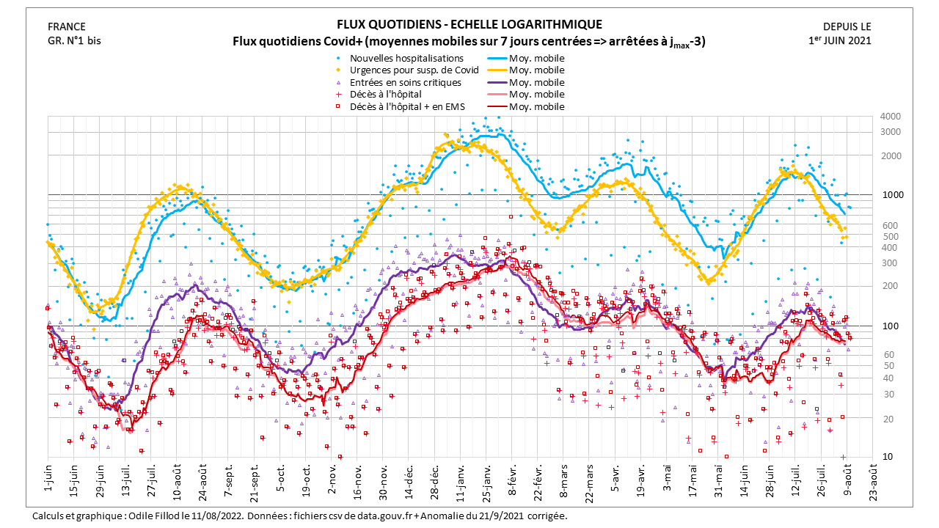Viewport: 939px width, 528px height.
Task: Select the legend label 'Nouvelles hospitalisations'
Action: coord(406,58)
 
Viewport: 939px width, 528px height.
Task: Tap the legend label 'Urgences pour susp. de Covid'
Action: coord(414,70)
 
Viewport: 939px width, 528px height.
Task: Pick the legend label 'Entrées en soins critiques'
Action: coord(406,82)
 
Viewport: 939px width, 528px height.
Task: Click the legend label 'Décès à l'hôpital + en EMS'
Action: coord(407,106)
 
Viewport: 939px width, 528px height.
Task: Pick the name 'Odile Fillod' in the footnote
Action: coord(152,516)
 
